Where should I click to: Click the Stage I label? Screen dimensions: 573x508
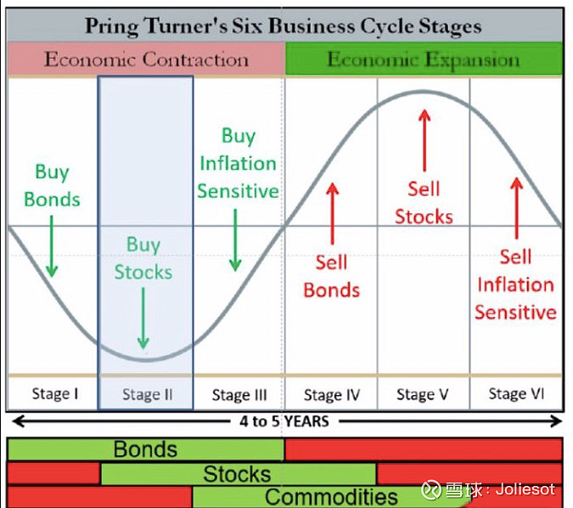[55, 394]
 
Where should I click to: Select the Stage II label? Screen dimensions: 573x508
[147, 395]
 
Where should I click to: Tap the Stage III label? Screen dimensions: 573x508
[239, 395]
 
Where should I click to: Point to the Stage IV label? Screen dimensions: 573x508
[332, 395]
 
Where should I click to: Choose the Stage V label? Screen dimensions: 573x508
[423, 395]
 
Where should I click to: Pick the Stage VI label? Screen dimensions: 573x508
[516, 394]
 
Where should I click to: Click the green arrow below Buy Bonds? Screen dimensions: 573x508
[52, 246]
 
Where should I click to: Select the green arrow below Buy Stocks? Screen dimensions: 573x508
[143, 318]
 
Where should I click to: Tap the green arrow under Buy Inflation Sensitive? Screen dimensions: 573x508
[235, 240]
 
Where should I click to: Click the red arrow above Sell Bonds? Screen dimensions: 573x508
[332, 213]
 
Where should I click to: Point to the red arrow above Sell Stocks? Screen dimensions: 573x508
[424, 140]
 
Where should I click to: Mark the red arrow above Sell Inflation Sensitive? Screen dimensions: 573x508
[516, 208]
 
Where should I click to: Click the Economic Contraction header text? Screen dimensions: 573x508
[146, 59]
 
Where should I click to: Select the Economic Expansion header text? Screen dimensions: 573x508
[424, 60]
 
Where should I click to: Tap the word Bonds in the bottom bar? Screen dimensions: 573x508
[145, 449]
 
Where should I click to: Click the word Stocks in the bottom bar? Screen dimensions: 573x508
[237, 474]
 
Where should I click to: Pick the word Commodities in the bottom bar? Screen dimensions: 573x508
[331, 497]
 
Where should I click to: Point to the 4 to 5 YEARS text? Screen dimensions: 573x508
[284, 421]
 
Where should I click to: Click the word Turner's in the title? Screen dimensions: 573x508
[185, 26]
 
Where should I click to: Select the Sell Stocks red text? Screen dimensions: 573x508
[424, 203]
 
